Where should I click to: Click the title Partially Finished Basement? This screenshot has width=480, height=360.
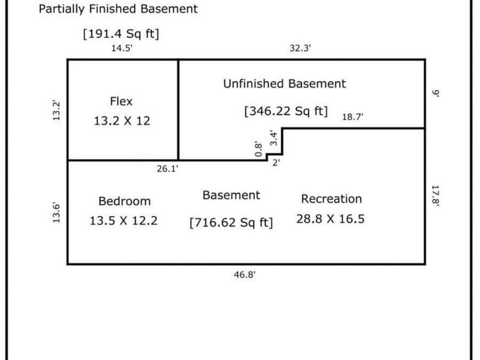coord(118,9)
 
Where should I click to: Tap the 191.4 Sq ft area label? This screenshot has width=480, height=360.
coord(121,34)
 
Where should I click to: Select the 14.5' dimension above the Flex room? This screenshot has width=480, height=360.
coord(122,49)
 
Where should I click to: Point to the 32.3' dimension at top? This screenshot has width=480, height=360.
coord(300,49)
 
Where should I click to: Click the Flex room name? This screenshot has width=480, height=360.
coord(121,101)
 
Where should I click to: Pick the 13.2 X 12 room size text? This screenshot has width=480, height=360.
coord(122,121)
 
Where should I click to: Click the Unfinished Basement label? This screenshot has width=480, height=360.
coord(284,84)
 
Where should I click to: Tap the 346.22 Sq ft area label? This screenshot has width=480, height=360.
coord(286,111)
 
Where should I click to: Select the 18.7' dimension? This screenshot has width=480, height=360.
coord(353,117)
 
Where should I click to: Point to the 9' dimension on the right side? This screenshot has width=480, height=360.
coord(436,93)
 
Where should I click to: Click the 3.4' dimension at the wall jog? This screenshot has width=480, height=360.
coord(274,138)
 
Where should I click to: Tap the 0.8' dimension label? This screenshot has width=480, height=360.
coord(259,149)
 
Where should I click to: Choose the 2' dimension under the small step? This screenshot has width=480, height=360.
coord(276,163)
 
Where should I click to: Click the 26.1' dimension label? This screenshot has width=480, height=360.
coord(167,169)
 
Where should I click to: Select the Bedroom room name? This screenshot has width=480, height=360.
coord(125,202)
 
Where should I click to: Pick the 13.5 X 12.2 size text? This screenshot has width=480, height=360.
coord(124,221)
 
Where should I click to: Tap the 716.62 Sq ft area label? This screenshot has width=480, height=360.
coord(231,222)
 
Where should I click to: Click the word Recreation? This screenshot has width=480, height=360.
coord(332,199)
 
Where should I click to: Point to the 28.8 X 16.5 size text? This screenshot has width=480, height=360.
coord(331,219)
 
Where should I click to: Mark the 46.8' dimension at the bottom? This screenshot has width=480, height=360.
coord(245,275)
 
